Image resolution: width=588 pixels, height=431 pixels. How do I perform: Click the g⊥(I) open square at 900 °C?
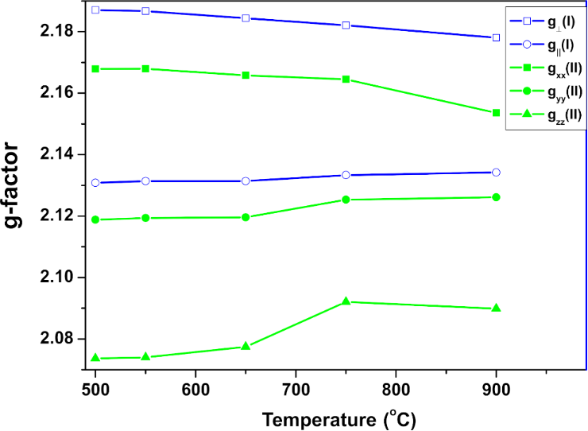pos(496,37)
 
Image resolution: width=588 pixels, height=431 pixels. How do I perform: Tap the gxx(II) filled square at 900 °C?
pos(496,113)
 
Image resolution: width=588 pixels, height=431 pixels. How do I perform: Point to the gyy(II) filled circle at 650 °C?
pos(246,217)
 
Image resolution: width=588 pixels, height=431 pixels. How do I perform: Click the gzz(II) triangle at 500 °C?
pos(95,358)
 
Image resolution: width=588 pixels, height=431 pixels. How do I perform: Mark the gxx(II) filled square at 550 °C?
pos(145,69)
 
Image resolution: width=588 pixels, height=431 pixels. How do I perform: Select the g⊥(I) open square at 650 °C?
pos(246,17)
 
